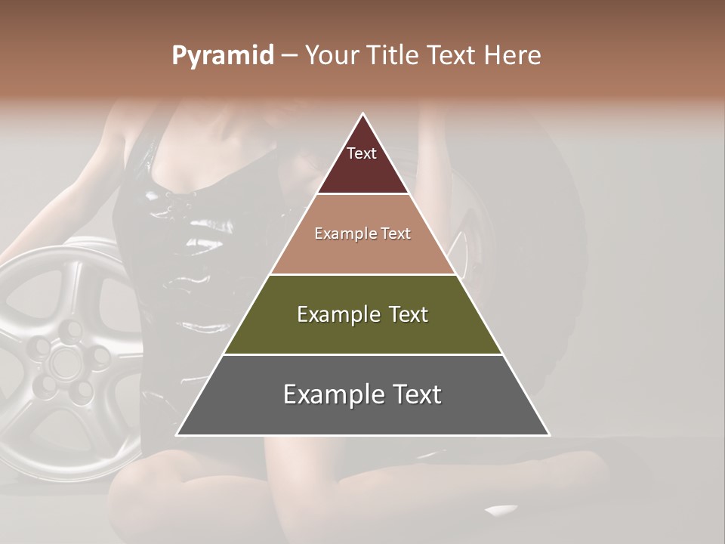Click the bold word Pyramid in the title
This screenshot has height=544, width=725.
[x=222, y=56]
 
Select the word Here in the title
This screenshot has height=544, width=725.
[x=513, y=56]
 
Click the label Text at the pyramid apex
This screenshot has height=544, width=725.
[x=362, y=154]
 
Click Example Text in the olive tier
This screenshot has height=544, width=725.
[x=362, y=314]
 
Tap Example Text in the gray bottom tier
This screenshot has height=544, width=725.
[x=362, y=394]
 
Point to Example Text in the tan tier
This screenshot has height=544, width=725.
[x=362, y=234]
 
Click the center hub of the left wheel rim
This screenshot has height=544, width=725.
[x=60, y=361]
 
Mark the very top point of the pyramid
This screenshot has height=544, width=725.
[x=363, y=114]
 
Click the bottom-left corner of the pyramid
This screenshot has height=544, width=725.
[x=177, y=435]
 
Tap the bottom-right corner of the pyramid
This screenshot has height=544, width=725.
[x=549, y=435]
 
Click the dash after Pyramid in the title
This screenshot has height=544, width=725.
[x=289, y=56]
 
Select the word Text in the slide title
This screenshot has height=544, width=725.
[x=450, y=56]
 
